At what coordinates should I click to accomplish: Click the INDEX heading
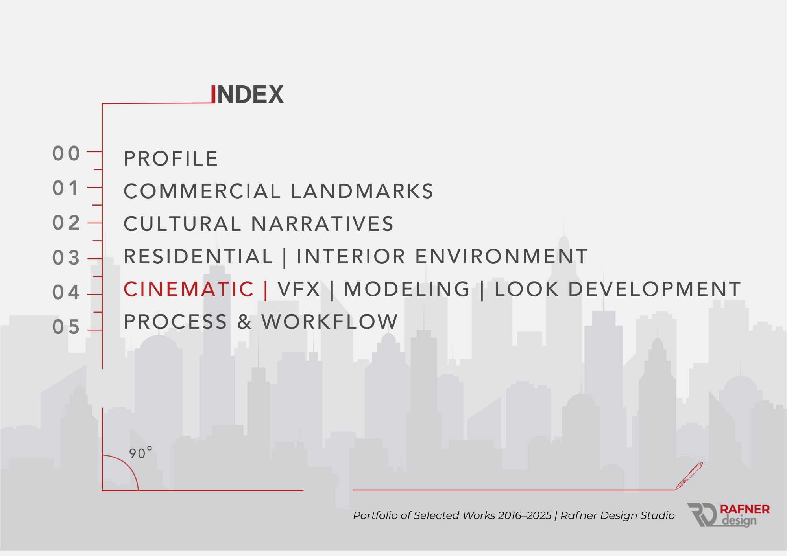[x=247, y=94]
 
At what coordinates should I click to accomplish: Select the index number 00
[x=66, y=154]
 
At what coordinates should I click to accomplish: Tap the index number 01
[x=65, y=188]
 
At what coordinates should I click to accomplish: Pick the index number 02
[x=66, y=223]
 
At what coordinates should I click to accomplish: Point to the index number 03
[x=66, y=258]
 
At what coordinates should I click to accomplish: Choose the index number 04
[x=66, y=293]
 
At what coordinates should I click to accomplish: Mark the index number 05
[x=66, y=327]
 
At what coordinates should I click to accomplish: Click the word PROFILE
[x=171, y=159]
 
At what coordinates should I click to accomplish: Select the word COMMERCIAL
[x=202, y=191]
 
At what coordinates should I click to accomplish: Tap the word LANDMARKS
[x=362, y=191]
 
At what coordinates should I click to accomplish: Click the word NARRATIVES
[x=322, y=224]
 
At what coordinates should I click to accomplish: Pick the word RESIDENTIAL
[x=198, y=257]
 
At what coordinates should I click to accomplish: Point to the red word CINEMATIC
[x=189, y=289]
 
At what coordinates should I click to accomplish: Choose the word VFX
[x=299, y=289]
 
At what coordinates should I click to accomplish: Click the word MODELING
[x=407, y=289]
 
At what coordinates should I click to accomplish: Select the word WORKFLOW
[x=330, y=322]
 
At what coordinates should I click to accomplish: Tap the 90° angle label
[x=140, y=453]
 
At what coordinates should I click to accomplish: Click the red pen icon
[x=689, y=476]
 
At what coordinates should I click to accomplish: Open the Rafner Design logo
[x=728, y=515]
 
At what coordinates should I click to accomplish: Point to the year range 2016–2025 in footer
[x=525, y=515]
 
